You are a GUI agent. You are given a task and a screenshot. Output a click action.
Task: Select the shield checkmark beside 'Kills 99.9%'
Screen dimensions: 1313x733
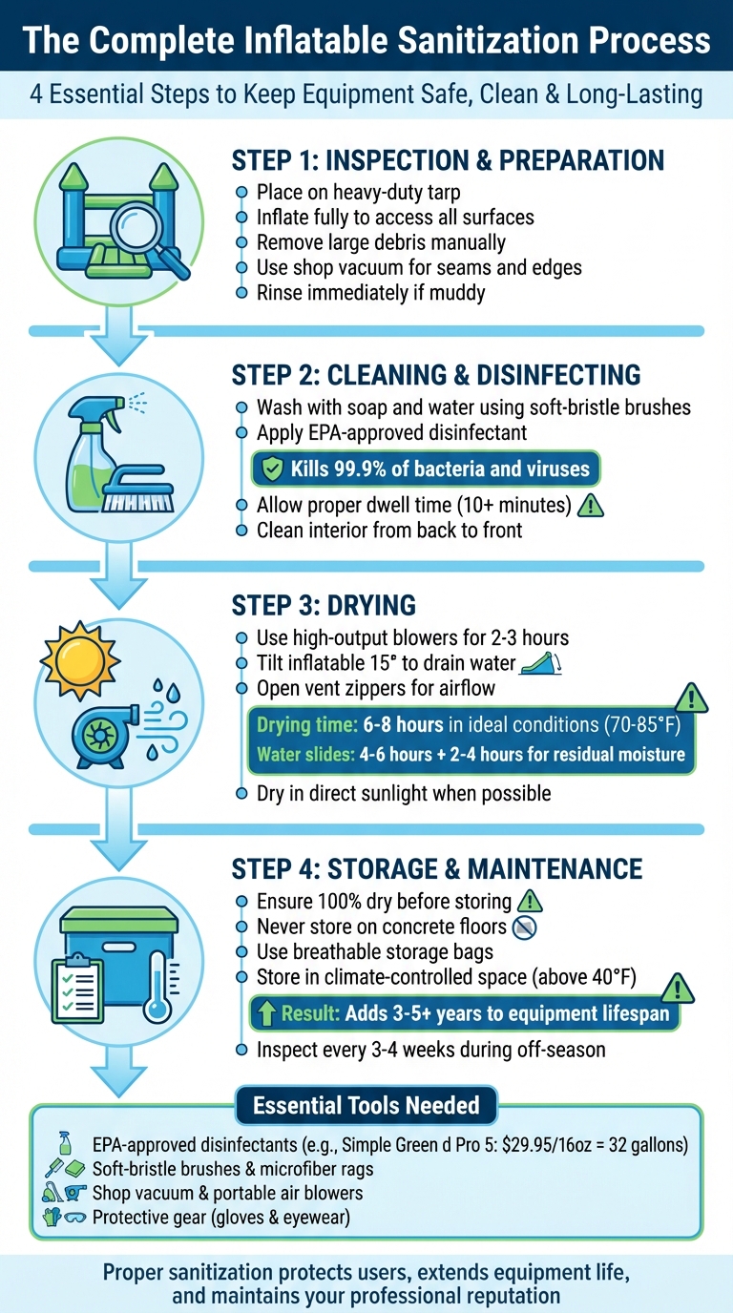272,469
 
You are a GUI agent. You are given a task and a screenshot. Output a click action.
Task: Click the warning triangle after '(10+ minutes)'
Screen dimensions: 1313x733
592,505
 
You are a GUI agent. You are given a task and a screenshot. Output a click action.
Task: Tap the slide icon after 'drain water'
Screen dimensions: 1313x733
540,663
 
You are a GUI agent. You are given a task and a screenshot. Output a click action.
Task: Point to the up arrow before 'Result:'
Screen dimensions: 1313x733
264,1013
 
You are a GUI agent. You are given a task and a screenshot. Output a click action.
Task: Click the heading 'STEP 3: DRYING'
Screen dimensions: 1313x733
325,605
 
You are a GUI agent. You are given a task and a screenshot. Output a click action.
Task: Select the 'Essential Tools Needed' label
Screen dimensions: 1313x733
366,1105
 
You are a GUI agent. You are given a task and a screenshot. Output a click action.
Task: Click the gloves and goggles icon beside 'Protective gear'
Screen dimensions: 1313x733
66,1217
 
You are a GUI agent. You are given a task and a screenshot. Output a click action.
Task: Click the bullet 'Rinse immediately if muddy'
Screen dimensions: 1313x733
370,293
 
